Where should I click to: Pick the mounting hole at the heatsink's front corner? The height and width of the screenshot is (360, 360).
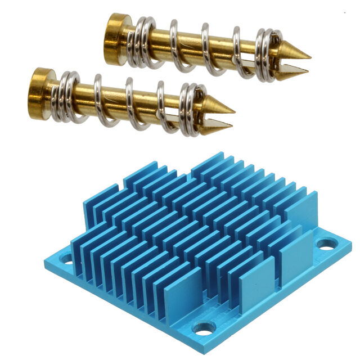pos(201,327)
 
